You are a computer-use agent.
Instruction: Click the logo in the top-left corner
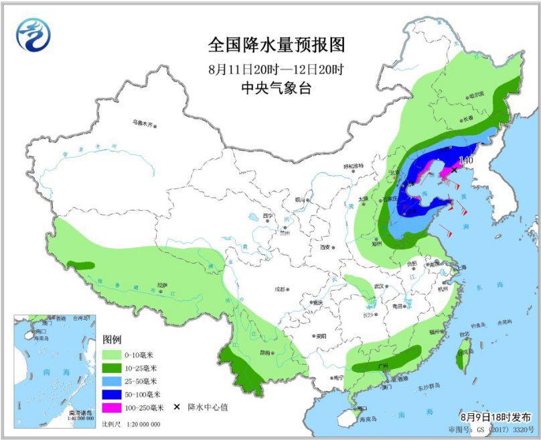click(33, 35)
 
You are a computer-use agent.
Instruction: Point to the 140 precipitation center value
click(466, 161)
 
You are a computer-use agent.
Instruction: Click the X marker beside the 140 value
click(455, 170)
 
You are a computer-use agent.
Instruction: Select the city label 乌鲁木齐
click(143, 123)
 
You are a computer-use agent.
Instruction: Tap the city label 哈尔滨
click(475, 96)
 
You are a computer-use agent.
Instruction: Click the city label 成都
click(279, 289)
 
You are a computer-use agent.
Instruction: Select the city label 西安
click(326, 247)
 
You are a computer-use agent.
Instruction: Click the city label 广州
click(384, 365)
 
